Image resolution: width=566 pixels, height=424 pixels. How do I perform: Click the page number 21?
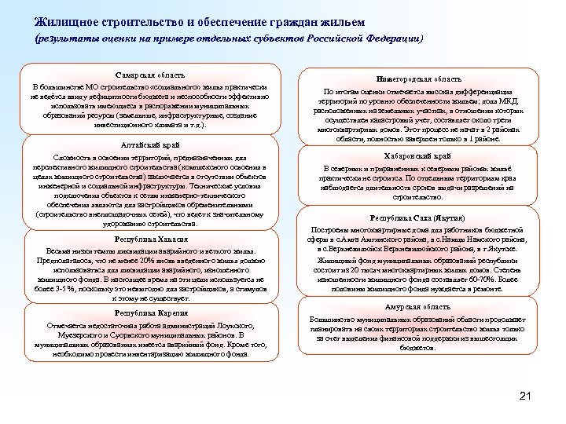pos(526,396)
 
